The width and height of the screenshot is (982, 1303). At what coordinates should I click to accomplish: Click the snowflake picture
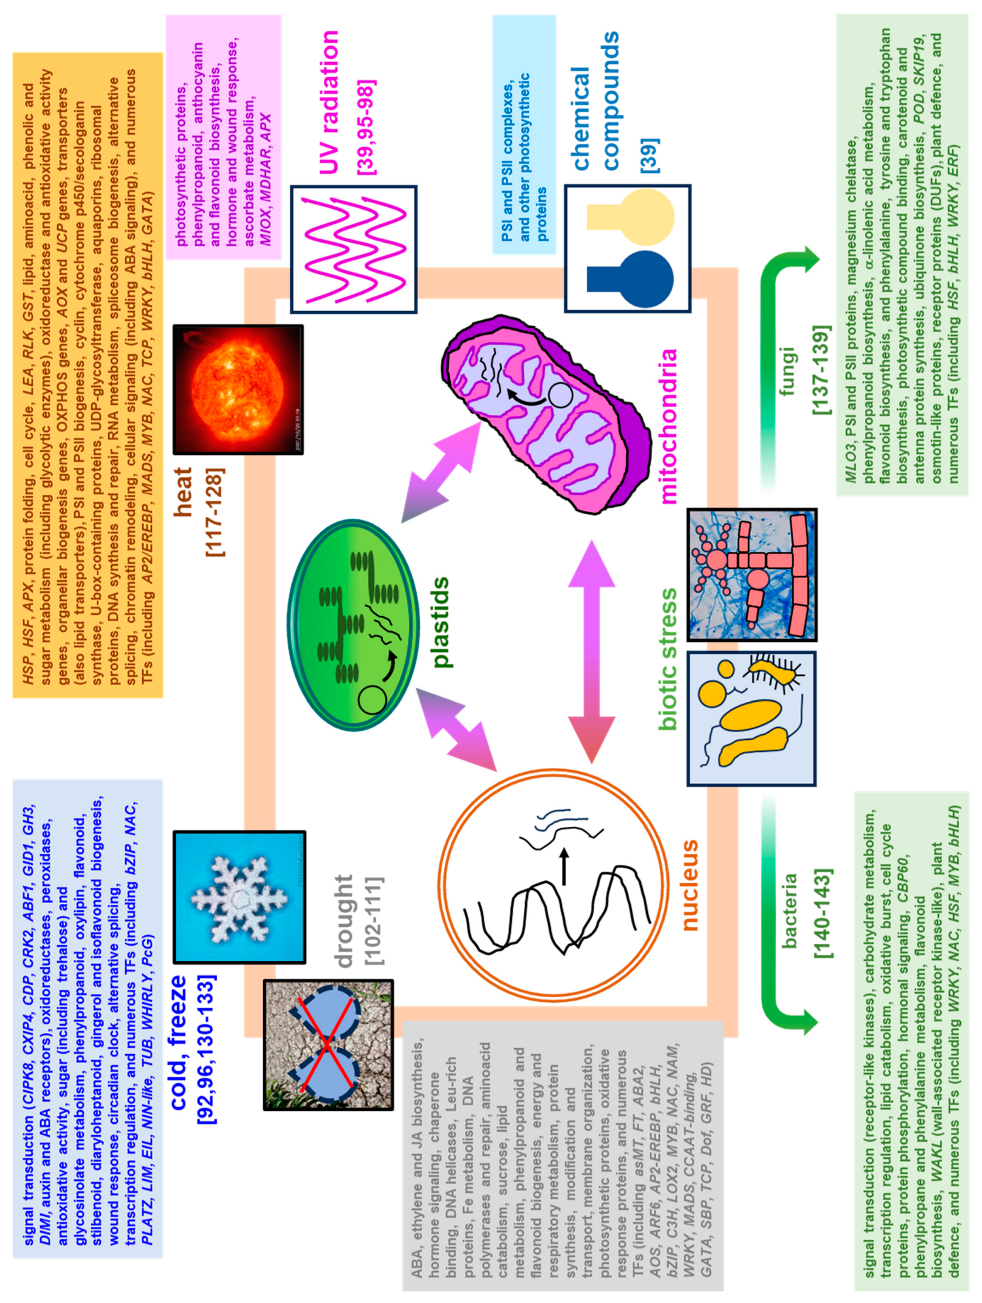tap(240, 898)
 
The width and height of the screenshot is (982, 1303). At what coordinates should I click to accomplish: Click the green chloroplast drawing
tap(354, 624)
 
